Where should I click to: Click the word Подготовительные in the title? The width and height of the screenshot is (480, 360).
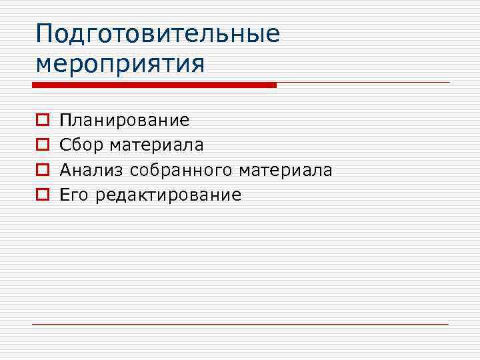point(158,33)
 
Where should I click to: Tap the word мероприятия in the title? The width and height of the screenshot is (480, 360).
point(120,64)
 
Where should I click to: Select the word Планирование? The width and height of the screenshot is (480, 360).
point(125,121)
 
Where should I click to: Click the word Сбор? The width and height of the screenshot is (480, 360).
point(82,145)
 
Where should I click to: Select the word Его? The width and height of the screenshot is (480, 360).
point(74,195)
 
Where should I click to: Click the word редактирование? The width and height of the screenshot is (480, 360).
point(168,195)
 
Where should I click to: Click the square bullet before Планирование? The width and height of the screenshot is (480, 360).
point(41,121)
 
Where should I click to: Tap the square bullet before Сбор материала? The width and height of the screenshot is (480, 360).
point(41,145)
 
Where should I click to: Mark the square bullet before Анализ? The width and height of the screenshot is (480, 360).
point(41,170)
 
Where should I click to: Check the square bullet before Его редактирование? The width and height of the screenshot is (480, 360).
point(41,195)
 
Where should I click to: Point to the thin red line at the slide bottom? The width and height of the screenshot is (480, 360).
point(240,324)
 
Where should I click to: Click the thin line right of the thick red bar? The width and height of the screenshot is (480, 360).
point(363,83)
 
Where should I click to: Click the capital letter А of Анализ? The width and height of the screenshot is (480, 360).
point(65,170)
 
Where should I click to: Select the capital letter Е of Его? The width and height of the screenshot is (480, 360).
point(64,195)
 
